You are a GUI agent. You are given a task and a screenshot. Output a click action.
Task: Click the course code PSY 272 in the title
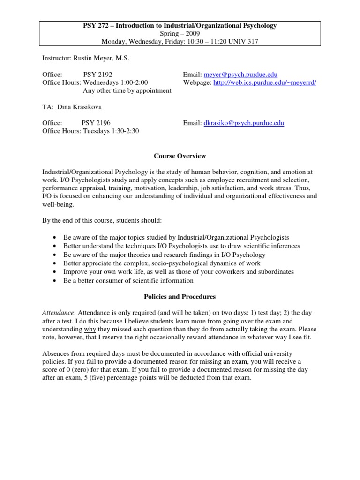(x=96, y=26)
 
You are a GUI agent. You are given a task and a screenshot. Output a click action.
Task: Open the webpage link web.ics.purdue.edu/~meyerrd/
(x=265, y=82)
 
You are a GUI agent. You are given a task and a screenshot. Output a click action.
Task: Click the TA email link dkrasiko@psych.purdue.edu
(x=244, y=123)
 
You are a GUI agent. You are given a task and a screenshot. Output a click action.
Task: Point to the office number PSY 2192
(x=98, y=75)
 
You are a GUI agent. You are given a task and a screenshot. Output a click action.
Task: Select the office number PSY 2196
(x=96, y=123)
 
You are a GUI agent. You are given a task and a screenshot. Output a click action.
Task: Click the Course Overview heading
(x=180, y=156)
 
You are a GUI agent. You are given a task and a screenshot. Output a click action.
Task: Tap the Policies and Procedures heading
(x=180, y=297)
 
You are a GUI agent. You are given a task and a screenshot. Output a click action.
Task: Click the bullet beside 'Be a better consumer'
(x=55, y=280)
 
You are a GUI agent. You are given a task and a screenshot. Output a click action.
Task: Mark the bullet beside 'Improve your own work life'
(x=55, y=272)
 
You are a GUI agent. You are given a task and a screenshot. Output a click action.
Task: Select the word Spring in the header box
(x=170, y=34)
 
